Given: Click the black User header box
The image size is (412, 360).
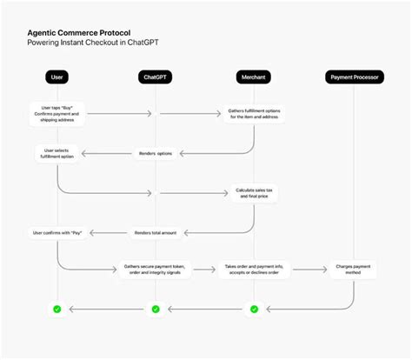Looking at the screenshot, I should [x=57, y=77].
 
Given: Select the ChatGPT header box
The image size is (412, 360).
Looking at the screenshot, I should [x=156, y=77].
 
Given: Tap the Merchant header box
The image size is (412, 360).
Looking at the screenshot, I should [x=254, y=77].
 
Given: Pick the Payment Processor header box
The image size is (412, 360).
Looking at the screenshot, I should [x=354, y=77].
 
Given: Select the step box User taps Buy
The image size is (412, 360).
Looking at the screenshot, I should [x=57, y=113].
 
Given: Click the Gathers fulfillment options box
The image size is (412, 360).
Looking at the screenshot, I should [x=254, y=113].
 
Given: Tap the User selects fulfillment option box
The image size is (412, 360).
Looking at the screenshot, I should [x=57, y=154].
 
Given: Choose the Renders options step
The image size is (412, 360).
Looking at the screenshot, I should [x=156, y=154].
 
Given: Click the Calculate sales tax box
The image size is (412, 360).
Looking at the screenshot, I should [x=254, y=193].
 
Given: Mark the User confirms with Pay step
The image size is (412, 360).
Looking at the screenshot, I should [x=57, y=232].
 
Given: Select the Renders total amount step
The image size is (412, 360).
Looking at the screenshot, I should [x=156, y=232].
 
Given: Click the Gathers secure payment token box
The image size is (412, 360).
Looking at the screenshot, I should [x=156, y=271].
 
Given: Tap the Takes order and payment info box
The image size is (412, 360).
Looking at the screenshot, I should [x=254, y=271].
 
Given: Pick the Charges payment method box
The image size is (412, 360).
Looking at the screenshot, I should [x=354, y=271].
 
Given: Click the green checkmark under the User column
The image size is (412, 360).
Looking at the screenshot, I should [x=57, y=309].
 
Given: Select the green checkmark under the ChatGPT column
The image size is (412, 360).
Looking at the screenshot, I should [x=156, y=309].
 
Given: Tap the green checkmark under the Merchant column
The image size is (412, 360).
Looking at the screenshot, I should [x=254, y=309].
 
